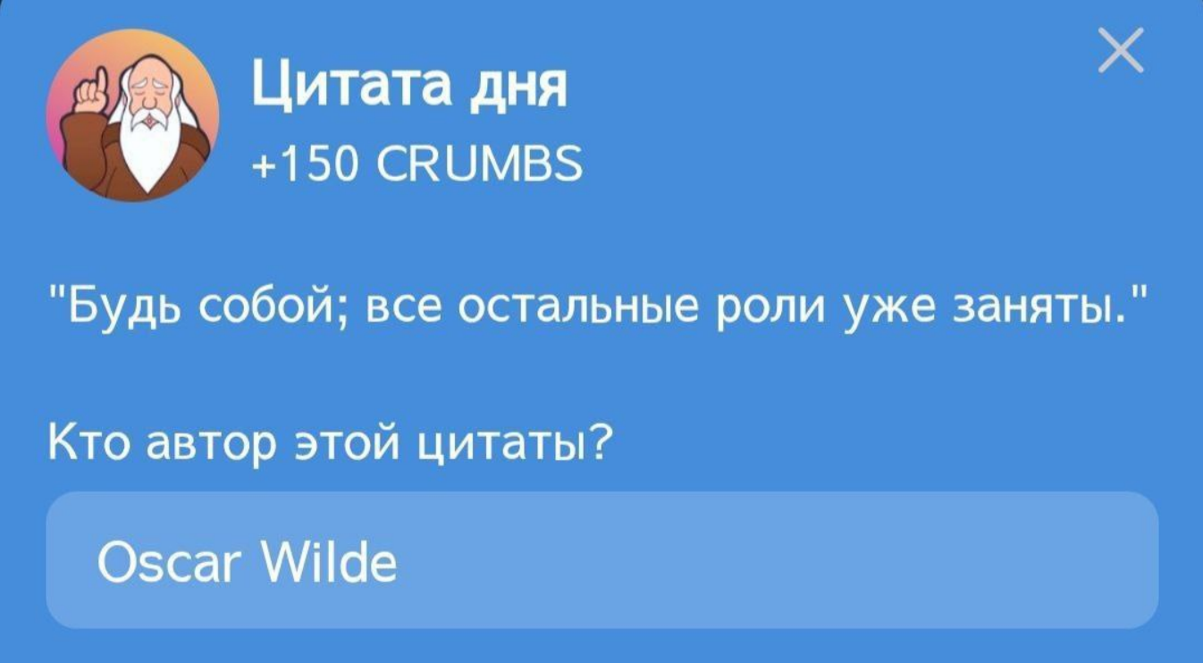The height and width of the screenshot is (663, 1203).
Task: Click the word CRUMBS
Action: point(479,164)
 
